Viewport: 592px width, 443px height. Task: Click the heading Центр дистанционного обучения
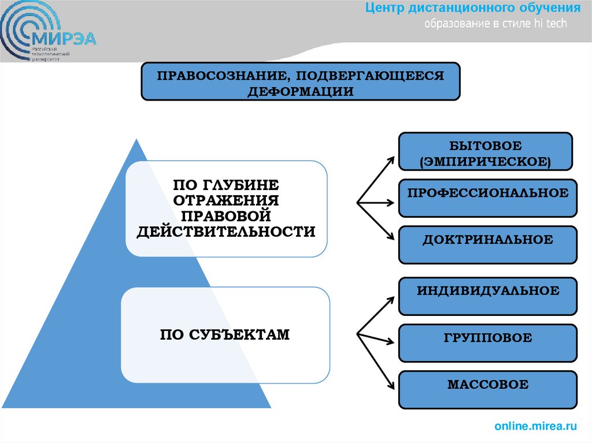click(472, 8)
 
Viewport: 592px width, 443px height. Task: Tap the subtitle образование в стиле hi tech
click(496, 24)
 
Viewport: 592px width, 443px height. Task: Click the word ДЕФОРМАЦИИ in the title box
click(301, 91)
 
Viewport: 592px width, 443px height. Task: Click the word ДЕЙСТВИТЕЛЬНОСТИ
click(226, 232)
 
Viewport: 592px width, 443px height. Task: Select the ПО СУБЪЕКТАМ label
click(225, 334)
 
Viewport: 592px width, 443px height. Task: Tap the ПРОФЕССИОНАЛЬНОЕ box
click(487, 193)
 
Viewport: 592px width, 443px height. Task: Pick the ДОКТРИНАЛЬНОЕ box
click(487, 239)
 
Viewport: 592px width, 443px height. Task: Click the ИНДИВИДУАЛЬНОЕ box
click(487, 291)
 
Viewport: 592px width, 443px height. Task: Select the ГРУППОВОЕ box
click(487, 338)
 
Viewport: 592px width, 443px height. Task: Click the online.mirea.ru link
click(535, 426)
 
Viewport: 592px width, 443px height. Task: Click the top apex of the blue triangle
click(136, 140)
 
